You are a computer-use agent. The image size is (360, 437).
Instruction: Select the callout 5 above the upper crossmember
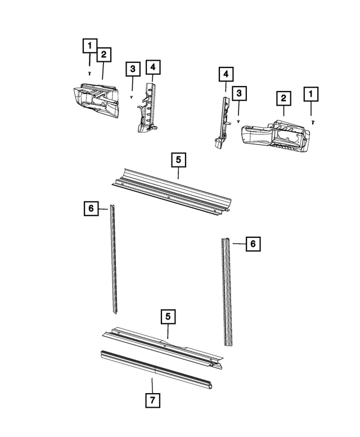(x=178, y=160)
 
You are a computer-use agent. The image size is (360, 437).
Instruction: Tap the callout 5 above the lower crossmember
(x=167, y=317)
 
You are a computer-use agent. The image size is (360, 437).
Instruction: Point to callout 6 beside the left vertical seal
(x=89, y=209)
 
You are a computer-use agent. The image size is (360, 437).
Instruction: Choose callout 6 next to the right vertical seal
(x=253, y=244)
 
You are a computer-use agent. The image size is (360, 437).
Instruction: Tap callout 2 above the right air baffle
(x=283, y=99)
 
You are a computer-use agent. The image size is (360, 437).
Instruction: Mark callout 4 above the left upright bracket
(x=152, y=67)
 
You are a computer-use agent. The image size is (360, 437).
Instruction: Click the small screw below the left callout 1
(x=89, y=73)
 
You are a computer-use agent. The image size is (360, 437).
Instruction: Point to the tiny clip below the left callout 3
(x=131, y=97)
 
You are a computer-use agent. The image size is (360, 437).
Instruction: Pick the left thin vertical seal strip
(x=114, y=259)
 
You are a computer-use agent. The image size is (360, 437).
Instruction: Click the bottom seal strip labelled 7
(x=157, y=370)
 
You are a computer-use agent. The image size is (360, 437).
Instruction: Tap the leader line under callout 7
(x=152, y=385)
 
